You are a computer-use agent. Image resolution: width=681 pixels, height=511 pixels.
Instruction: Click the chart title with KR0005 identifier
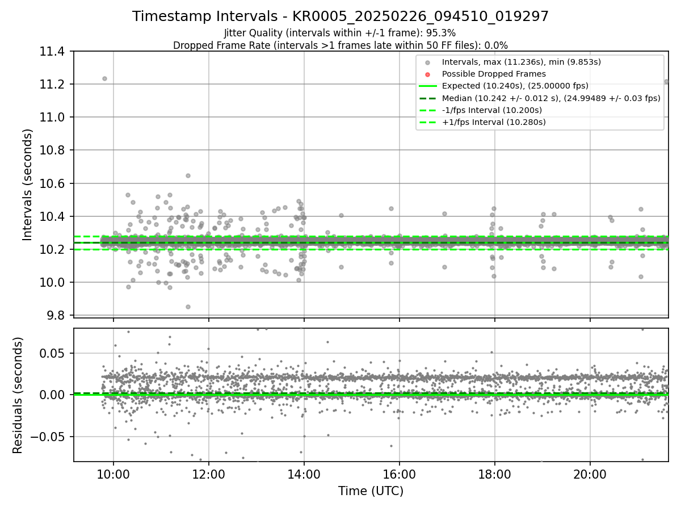tap(340, 16)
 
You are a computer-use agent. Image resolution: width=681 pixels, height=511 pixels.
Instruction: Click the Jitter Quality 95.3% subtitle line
tap(340, 33)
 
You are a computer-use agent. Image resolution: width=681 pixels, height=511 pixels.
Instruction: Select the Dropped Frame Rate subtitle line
tap(340, 45)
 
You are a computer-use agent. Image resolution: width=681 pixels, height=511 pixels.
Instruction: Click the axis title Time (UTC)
tap(371, 491)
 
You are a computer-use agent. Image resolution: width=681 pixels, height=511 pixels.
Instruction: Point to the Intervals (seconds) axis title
tap(28, 185)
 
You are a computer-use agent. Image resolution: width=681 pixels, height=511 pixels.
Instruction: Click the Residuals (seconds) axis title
tap(18, 395)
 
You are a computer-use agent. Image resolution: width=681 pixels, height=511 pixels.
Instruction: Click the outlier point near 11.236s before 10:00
tap(104, 78)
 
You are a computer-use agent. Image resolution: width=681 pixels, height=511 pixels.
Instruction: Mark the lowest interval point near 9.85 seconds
tap(188, 307)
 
